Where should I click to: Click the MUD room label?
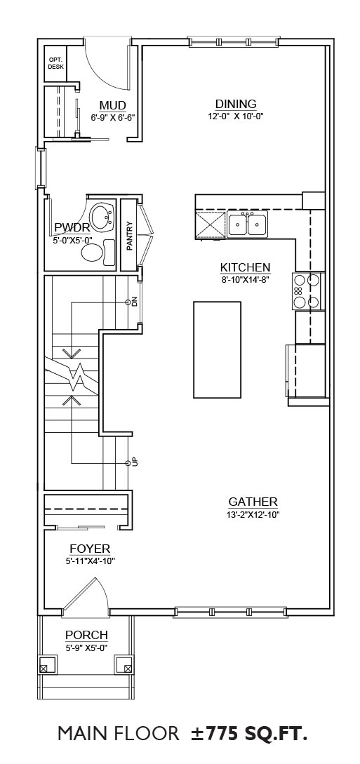(x=112, y=106)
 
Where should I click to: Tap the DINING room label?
(x=236, y=104)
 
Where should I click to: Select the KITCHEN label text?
(x=245, y=267)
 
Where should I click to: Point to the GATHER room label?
(x=253, y=502)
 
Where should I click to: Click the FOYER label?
(x=90, y=549)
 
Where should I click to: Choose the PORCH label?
(x=87, y=636)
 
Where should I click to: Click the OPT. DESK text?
(x=55, y=63)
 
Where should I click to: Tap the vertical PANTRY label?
(x=130, y=236)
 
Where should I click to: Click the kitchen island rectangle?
(x=218, y=350)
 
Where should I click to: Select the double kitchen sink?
(x=247, y=224)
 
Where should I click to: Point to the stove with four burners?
(x=307, y=291)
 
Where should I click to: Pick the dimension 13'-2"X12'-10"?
(x=253, y=514)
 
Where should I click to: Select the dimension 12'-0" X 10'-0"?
(x=236, y=116)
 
